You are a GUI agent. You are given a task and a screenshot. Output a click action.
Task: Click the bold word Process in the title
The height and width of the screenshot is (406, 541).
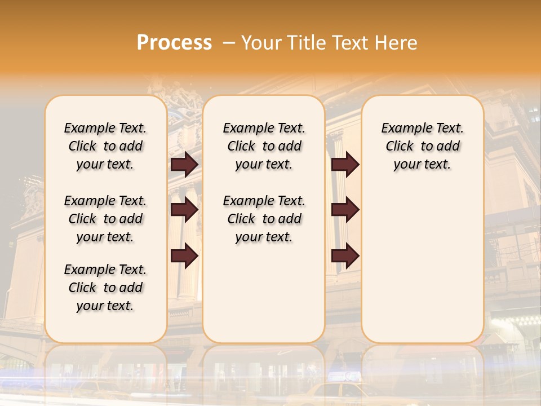(x=174, y=42)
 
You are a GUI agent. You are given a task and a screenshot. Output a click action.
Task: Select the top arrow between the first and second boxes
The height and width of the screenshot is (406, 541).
(x=184, y=164)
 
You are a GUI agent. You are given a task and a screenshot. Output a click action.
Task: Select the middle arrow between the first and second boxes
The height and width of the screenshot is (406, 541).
(x=184, y=210)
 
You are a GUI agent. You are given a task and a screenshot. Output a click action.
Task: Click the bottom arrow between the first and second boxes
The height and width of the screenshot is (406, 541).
(x=184, y=256)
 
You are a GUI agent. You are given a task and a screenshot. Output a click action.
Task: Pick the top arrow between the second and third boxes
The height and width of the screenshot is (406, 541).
(x=345, y=164)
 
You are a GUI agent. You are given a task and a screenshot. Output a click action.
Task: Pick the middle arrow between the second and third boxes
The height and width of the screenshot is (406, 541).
(x=345, y=210)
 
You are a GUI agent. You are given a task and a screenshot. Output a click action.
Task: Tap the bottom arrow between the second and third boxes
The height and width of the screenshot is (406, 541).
(x=345, y=256)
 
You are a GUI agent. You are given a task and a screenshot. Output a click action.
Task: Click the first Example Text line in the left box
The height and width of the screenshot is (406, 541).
(x=105, y=128)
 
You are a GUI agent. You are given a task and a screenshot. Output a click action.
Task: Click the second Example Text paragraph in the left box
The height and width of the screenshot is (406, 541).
(x=105, y=219)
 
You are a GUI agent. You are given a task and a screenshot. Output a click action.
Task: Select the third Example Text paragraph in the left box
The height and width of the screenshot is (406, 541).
(x=105, y=288)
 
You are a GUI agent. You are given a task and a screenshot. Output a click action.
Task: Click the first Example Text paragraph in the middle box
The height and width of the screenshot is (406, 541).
(x=264, y=146)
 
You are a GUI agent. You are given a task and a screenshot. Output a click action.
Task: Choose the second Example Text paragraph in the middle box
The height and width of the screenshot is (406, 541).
(x=264, y=219)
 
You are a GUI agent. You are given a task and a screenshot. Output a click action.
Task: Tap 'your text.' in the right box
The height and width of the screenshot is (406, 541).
(x=422, y=165)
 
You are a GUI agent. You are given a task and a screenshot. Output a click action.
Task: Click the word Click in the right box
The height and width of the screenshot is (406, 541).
(x=400, y=147)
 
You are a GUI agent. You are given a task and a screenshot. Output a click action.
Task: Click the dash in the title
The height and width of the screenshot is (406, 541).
(x=229, y=42)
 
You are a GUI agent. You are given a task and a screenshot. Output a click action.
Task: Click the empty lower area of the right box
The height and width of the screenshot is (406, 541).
(x=422, y=271)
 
